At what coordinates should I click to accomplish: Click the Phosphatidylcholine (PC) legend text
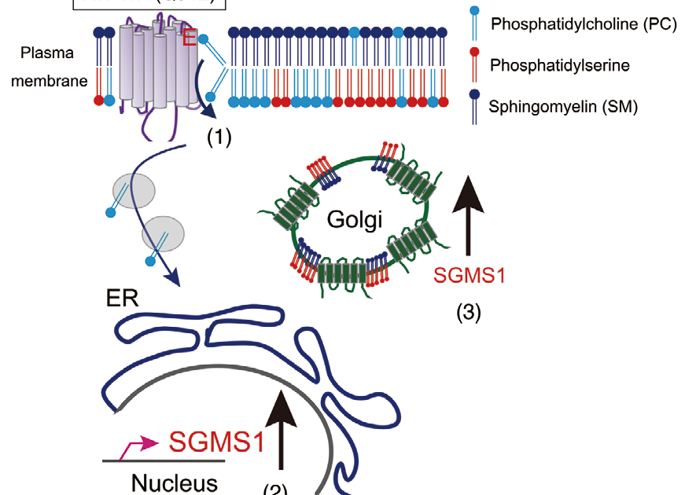pos(583,24)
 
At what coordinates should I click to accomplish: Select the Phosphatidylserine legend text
pos(559,65)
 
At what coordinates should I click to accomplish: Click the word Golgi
pos(355,219)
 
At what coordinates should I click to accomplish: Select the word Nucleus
pos(174,482)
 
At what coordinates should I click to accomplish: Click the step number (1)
pos(219,137)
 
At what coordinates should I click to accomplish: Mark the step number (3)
pos(469,313)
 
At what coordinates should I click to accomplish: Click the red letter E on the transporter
pos(189,37)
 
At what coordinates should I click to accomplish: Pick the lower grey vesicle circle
pos(164,233)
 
